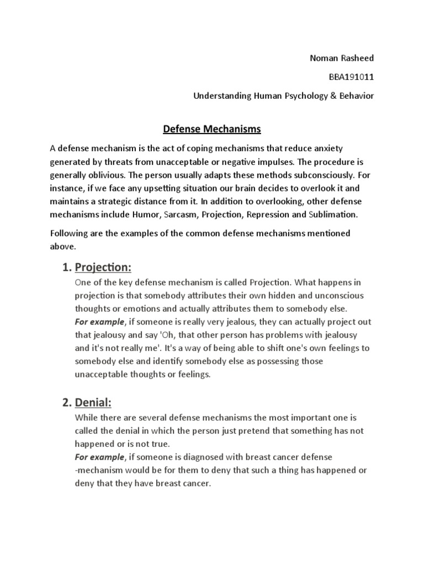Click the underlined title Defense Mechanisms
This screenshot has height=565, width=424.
tap(204, 130)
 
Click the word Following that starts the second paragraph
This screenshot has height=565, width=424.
tap(70, 234)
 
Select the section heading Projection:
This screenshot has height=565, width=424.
tap(103, 268)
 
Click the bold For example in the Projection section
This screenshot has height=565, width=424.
tap(99, 322)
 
